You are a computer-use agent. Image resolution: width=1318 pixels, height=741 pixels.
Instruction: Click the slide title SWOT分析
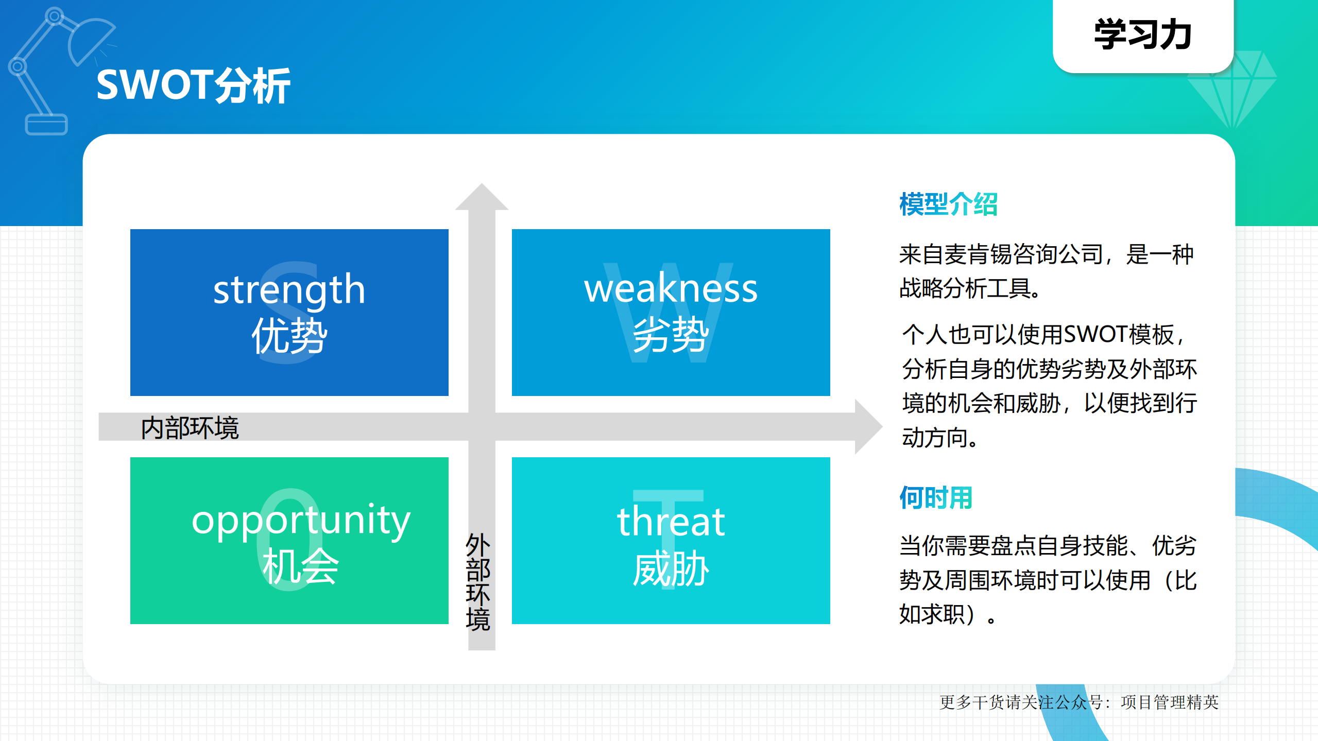[193, 85]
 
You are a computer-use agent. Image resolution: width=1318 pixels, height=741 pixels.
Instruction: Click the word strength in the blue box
[289, 289]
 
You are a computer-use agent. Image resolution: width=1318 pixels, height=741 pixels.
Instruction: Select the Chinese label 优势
[289, 336]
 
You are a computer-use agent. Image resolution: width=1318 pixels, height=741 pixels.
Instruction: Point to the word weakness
[671, 288]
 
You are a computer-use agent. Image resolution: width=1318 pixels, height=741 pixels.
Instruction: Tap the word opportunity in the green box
[301, 520]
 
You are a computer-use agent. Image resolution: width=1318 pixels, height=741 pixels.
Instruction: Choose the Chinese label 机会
[301, 566]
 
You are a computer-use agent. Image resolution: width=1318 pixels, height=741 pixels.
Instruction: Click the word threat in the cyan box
[671, 522]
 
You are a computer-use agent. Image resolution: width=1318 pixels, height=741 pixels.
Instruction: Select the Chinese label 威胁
[671, 568]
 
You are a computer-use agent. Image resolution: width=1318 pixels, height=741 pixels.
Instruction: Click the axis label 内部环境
[190, 428]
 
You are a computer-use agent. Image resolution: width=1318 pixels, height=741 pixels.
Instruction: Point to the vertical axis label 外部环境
[477, 582]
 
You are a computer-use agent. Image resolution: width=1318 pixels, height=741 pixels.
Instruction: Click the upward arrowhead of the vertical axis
[482, 197]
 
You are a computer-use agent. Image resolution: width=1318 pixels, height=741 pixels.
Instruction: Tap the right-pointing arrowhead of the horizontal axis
[868, 426]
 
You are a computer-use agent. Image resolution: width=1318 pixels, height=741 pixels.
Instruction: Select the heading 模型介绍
[948, 204]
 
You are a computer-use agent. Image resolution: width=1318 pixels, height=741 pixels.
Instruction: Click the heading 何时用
[935, 498]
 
